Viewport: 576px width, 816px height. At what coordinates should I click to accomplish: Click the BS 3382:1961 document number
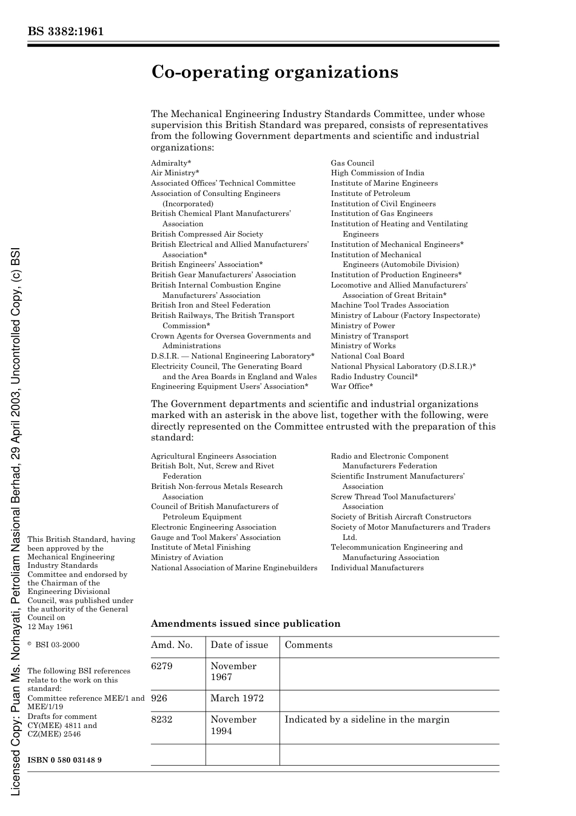click(x=65, y=31)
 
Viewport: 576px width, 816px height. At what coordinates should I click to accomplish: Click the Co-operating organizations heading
click(x=274, y=72)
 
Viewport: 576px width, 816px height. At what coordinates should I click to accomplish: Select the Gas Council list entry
click(x=352, y=163)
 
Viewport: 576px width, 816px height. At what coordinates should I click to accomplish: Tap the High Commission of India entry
click(x=377, y=173)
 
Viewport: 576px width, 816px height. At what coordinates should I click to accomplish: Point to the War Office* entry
click(x=352, y=386)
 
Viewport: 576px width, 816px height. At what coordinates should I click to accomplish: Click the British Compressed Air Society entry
click(x=207, y=234)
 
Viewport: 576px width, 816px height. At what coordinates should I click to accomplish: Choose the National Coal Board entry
click(x=367, y=356)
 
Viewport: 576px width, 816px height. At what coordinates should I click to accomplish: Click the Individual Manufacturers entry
click(x=377, y=568)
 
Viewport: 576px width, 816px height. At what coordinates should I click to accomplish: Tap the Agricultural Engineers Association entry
click(x=213, y=456)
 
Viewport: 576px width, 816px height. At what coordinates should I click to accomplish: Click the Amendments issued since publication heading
click(x=245, y=624)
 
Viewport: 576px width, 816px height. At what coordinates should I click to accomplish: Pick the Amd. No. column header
click(x=172, y=645)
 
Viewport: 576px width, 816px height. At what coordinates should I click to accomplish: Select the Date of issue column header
click(x=239, y=645)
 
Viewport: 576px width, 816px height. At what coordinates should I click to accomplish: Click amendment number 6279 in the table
click(x=162, y=666)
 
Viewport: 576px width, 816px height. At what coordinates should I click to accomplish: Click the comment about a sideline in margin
click(x=367, y=720)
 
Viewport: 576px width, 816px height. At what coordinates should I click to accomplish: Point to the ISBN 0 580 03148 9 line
click(x=64, y=760)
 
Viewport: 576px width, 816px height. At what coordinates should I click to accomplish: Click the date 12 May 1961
click(x=50, y=627)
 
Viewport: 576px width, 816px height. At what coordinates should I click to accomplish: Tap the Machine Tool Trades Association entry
click(x=389, y=305)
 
